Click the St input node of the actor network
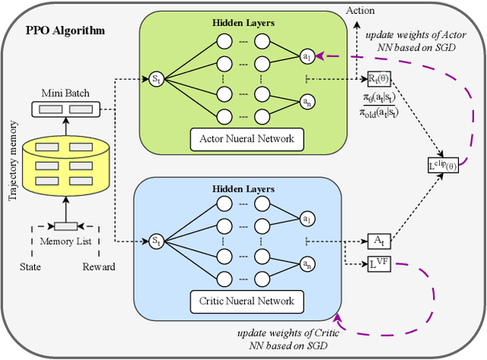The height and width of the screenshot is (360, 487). tap(156, 78)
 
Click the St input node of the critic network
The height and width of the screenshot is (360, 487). tap(156, 241)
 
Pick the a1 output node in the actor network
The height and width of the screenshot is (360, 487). tap(305, 56)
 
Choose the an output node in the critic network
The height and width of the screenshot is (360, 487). tap(305, 264)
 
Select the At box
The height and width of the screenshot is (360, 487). tap(377, 241)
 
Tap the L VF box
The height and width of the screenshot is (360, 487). tap(377, 264)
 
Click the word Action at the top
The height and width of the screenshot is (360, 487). tap(359, 11)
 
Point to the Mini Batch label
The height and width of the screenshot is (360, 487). tap(65, 94)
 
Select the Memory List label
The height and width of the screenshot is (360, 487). tap(65, 241)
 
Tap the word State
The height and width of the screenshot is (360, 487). tap(30, 266)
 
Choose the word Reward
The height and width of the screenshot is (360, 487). tap(99, 266)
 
